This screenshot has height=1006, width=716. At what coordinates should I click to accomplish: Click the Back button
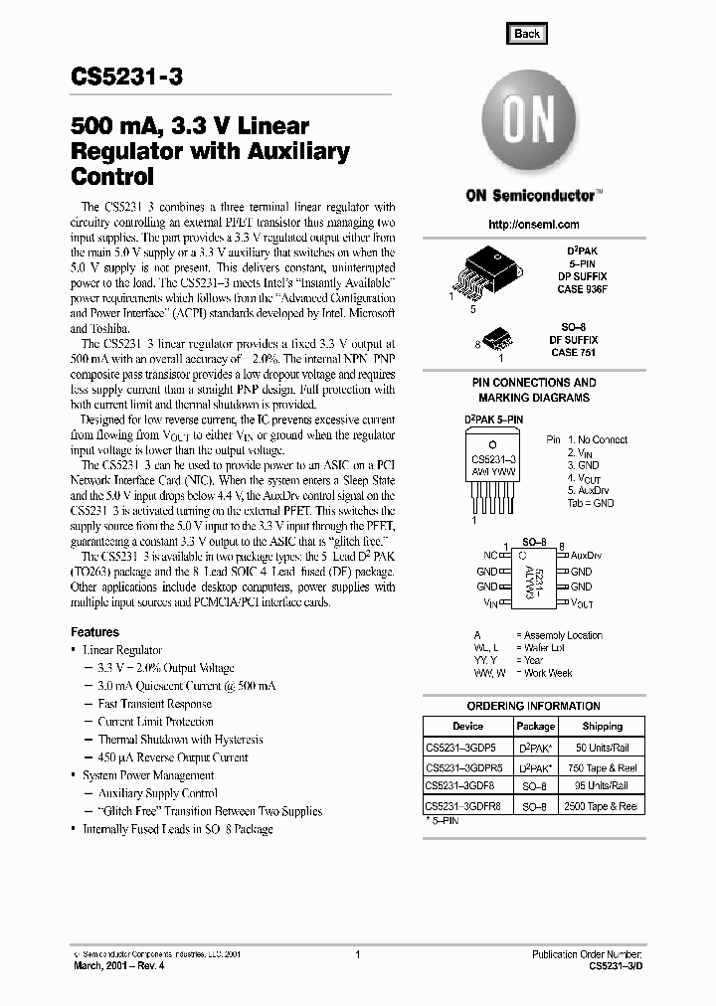[527, 34]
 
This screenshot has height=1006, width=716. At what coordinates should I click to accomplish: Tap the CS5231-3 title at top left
[126, 79]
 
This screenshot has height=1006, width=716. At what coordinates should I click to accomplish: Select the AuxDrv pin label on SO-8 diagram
[587, 556]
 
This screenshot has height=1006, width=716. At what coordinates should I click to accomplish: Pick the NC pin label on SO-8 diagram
[489, 556]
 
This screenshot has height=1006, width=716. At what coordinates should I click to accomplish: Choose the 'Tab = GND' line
[591, 503]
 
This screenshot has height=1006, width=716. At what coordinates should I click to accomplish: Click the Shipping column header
[602, 727]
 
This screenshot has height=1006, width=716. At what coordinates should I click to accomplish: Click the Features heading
[94, 632]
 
